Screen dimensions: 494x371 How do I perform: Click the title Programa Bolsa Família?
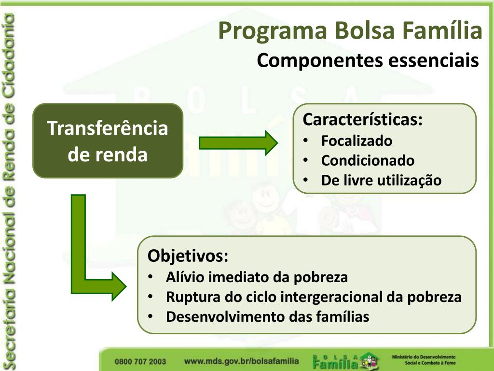point(350,31)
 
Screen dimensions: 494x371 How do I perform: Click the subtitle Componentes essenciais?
point(368,60)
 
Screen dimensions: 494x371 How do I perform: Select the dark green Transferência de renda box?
point(108,141)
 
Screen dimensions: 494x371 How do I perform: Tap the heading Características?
point(362,119)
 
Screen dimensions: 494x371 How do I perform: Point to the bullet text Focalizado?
point(357,141)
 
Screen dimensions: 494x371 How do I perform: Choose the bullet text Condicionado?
point(368,160)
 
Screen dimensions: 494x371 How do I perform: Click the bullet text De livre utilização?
point(381,181)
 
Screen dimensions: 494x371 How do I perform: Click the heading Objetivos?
point(188,256)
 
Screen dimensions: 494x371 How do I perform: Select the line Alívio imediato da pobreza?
point(257,277)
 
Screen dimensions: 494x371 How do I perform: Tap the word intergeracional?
point(342,297)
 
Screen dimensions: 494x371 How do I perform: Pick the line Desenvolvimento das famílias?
point(267,317)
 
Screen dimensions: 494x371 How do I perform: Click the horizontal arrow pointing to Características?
point(238,143)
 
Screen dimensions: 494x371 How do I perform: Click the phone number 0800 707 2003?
point(140,361)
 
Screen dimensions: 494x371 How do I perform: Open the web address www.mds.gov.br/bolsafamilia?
point(241,361)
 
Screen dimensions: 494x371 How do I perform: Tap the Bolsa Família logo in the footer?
point(345,361)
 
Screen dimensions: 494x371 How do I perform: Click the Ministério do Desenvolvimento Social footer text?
point(424,360)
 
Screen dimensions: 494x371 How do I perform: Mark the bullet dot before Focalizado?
point(305,141)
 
